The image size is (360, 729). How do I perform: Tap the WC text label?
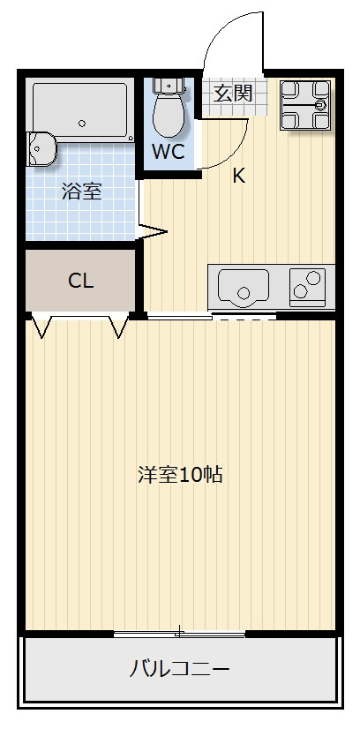coord(167,151)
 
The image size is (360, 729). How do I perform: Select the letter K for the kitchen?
coord(238,175)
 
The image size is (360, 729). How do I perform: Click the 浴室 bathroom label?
coord(81,192)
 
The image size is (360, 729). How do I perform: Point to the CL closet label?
coord(81,282)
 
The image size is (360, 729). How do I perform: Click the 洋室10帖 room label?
coord(180,474)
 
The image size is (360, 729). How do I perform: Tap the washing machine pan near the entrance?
coord(305,104)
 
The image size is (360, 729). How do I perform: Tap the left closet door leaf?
coord(41,326)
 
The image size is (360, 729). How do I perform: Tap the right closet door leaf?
coord(118,326)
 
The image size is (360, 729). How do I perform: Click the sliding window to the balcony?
coord(180,632)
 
